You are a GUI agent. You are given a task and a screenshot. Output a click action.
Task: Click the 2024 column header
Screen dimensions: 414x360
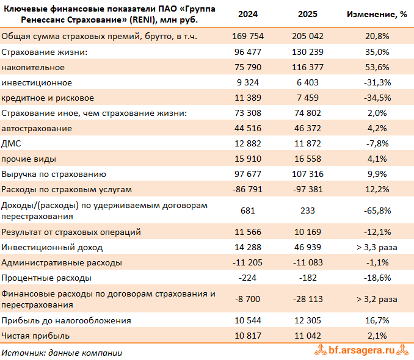click(x=248, y=14)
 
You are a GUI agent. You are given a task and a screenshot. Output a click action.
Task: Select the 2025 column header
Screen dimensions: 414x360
click(x=308, y=14)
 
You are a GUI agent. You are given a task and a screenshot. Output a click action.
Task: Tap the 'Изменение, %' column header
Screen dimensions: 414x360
click(x=377, y=14)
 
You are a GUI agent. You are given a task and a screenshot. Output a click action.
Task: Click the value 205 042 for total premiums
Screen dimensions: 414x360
click(x=308, y=36)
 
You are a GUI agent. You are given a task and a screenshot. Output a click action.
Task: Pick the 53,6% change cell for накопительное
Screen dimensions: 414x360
click(x=377, y=67)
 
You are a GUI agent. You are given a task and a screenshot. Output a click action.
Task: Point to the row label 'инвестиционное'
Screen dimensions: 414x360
click(x=37, y=82)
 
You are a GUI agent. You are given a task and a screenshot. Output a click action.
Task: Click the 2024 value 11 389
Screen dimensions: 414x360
click(x=248, y=98)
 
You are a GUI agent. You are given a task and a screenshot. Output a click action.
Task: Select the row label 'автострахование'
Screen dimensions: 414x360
click(x=37, y=129)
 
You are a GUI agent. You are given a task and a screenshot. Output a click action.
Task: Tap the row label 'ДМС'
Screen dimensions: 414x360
click(x=11, y=143)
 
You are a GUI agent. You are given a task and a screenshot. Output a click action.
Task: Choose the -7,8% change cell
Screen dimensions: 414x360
click(x=377, y=143)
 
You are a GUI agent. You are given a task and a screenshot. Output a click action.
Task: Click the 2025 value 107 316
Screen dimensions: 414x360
click(x=308, y=174)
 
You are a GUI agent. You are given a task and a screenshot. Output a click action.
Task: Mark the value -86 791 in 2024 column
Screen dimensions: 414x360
click(x=247, y=190)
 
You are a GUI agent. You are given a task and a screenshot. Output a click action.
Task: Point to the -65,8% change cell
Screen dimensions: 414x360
click(x=377, y=211)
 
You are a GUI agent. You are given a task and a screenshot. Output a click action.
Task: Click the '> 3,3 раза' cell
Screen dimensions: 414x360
click(x=377, y=247)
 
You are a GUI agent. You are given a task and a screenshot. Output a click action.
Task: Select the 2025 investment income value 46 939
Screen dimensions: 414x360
click(x=308, y=247)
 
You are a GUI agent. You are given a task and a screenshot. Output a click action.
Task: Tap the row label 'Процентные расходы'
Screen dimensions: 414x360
click(x=46, y=278)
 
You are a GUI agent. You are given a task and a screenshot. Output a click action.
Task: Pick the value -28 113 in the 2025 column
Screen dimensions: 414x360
click(x=308, y=300)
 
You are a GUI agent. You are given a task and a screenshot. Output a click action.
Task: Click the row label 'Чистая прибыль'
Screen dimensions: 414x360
click(x=35, y=336)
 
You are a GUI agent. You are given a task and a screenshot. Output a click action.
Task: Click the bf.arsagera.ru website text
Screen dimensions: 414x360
click(x=361, y=350)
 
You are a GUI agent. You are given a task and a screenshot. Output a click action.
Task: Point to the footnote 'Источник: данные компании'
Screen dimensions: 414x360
click(x=62, y=353)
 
